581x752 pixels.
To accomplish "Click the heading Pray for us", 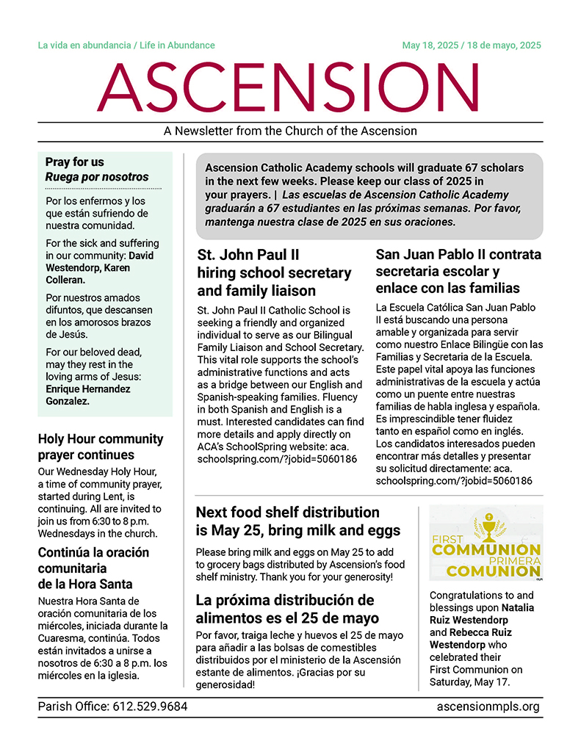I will click(x=75, y=162).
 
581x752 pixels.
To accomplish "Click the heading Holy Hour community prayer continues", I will click(x=100, y=447).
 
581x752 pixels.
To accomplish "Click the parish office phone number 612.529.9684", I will click(x=150, y=707).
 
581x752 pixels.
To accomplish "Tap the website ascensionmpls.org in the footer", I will click(x=488, y=707).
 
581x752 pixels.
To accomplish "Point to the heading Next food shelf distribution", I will click(x=288, y=513).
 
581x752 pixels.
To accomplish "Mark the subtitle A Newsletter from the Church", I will click(x=290, y=131).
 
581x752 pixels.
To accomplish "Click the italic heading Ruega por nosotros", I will click(x=97, y=177).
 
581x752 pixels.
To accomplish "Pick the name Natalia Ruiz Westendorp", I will click(x=482, y=614).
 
